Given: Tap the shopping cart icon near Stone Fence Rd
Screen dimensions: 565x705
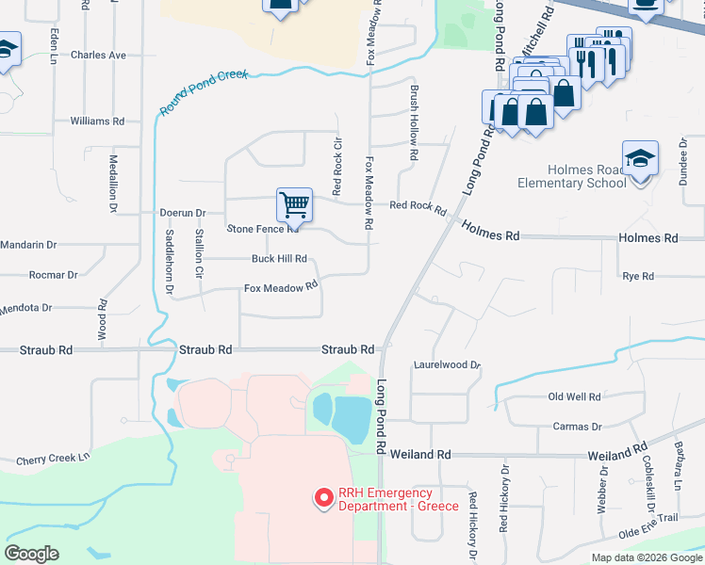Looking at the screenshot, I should click(294, 204).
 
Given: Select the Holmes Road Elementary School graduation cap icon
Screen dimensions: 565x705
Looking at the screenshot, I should click(640, 158).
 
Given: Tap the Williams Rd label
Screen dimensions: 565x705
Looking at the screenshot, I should click(97, 121).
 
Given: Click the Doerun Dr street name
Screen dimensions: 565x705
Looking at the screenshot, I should click(182, 214).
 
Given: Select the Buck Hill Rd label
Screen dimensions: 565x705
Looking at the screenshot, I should click(279, 259).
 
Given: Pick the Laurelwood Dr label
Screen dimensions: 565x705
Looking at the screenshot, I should click(447, 364).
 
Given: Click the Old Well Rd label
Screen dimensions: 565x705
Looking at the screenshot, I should click(574, 397).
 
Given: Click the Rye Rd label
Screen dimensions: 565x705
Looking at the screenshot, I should click(638, 276).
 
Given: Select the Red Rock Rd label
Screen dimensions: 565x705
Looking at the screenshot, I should click(417, 206).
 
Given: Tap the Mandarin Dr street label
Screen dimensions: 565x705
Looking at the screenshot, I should click(27, 245).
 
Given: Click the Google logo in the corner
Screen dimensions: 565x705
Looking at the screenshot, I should click(31, 553).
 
